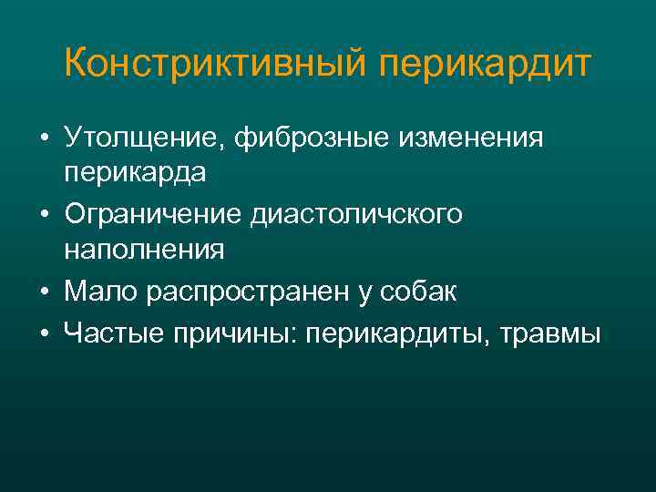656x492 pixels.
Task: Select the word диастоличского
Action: coord(362,216)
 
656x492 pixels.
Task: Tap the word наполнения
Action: coord(144,248)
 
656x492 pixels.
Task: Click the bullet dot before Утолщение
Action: coord(44,140)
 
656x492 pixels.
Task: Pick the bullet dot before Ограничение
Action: coord(44,217)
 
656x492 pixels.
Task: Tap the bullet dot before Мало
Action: coord(44,293)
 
